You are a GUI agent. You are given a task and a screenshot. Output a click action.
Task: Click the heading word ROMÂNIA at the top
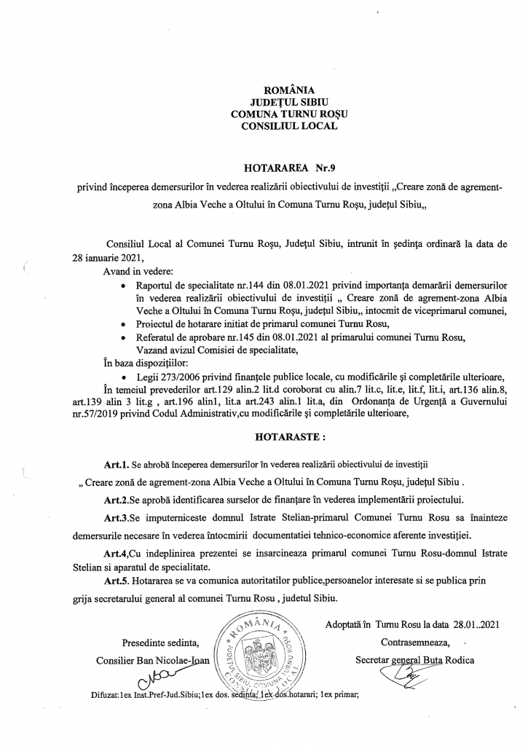pyautogui.click(x=263, y=90)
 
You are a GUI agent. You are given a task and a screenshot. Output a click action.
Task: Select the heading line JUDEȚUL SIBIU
pyautogui.click(x=263, y=102)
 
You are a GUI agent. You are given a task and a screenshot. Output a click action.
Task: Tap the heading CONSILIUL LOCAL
pyautogui.click(x=263, y=125)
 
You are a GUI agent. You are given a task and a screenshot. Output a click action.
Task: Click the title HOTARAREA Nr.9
pyautogui.click(x=263, y=166)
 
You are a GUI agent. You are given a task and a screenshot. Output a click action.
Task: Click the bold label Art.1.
pyautogui.click(x=117, y=463)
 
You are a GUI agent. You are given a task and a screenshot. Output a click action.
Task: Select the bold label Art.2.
pyautogui.click(x=117, y=500)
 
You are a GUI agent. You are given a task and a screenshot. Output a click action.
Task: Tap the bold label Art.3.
pyautogui.click(x=117, y=517)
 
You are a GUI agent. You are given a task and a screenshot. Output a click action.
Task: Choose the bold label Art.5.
pyautogui.click(x=117, y=583)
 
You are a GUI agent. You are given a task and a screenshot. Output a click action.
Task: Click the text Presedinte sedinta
pyautogui.click(x=156, y=643)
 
